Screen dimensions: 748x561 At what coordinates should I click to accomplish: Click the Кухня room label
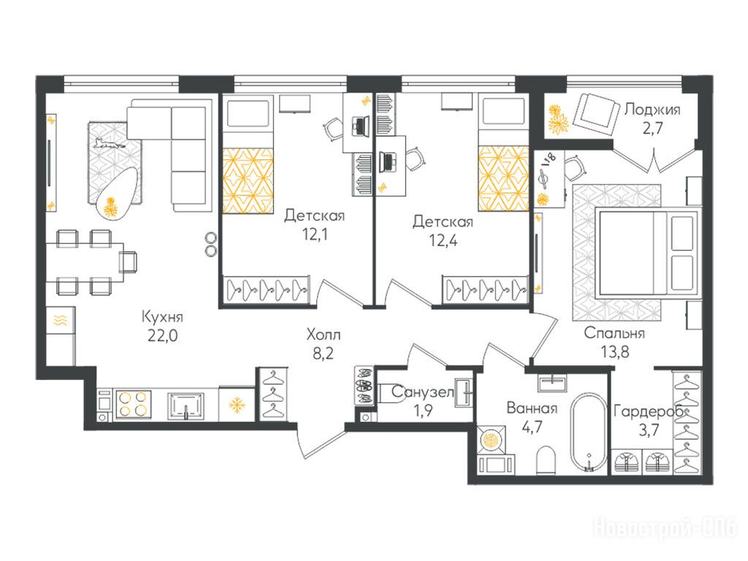click(162, 316)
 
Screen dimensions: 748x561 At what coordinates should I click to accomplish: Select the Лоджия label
click(652, 110)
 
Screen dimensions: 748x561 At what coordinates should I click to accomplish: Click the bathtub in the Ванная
click(589, 432)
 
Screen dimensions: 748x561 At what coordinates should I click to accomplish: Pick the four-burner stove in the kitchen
click(133, 404)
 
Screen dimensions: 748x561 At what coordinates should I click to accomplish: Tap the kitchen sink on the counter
click(186, 405)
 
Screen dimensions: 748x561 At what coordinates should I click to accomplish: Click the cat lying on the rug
click(110, 142)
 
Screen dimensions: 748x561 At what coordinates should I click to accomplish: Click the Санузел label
click(423, 392)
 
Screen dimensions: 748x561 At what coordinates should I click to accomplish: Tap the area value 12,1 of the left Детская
click(314, 234)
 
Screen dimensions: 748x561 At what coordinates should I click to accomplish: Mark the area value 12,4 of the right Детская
click(443, 240)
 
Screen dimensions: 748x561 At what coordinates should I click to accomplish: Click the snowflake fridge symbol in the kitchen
click(237, 405)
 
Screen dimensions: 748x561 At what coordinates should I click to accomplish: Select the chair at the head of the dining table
click(128, 262)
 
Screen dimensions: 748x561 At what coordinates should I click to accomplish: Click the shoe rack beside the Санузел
click(365, 386)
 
